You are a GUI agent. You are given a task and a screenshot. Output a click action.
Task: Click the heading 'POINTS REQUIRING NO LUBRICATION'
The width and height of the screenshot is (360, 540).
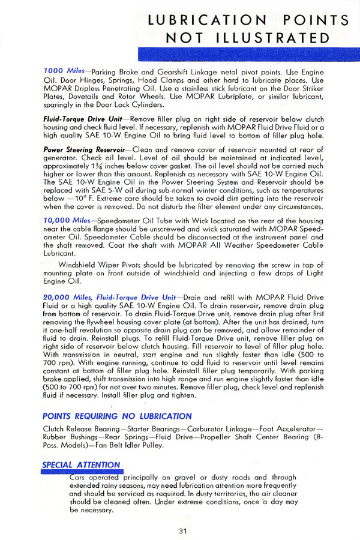(118, 416)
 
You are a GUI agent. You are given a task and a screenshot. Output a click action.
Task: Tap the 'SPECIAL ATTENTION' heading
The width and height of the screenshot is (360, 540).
(81, 465)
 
